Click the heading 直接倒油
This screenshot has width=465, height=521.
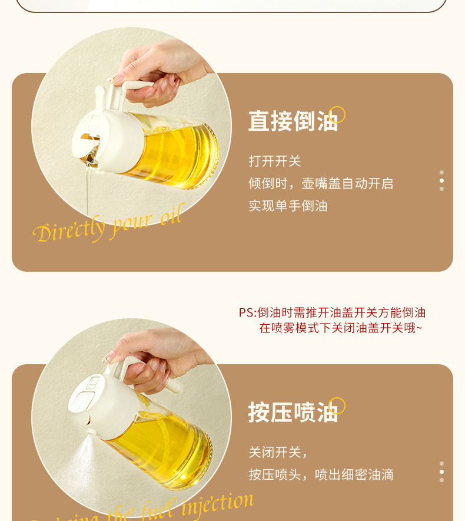[x=293, y=121]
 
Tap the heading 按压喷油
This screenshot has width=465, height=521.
[x=293, y=413]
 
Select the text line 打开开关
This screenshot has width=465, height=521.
[x=274, y=161]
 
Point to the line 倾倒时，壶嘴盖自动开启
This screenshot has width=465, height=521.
[x=320, y=184]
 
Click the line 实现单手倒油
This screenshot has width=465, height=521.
[x=287, y=206]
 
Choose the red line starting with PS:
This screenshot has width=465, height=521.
[x=332, y=313]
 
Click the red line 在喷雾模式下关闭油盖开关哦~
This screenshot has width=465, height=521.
[x=340, y=328]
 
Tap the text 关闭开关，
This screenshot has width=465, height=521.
[x=278, y=453]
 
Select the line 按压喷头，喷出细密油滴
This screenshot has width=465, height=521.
[x=320, y=475]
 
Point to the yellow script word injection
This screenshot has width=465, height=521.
[x=217, y=504]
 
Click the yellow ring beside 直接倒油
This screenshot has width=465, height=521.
[x=337, y=114]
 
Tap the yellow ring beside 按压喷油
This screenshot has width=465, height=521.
[x=337, y=405]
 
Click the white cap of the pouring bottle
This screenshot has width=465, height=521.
[x=109, y=139]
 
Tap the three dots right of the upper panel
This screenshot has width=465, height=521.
[x=441, y=180]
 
